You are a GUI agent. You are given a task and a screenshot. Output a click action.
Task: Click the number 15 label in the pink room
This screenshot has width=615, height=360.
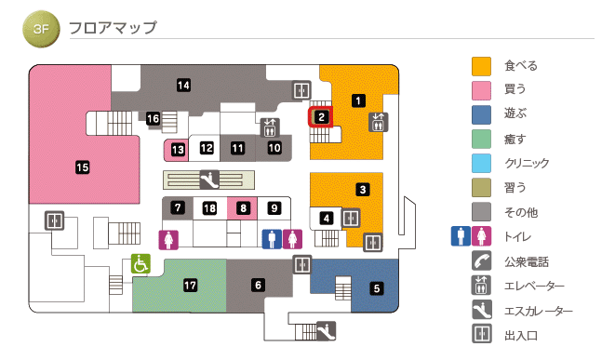click(82, 167)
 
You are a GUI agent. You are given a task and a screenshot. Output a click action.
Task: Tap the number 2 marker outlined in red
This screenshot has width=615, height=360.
click(320, 117)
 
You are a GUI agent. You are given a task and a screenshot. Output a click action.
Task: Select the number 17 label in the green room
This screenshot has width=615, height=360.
click(191, 285)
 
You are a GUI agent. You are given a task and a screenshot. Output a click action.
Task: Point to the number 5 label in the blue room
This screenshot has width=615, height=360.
click(377, 288)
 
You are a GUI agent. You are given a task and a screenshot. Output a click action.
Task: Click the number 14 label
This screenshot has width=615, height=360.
click(184, 86)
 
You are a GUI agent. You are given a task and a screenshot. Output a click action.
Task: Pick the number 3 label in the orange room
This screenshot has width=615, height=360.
click(363, 190)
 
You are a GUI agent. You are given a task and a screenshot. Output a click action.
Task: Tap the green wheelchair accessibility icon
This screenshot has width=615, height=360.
click(140, 264)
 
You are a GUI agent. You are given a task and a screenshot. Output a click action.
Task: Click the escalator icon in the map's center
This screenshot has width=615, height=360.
click(210, 178)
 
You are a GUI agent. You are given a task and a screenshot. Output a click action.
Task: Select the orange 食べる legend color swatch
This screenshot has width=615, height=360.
click(481, 66)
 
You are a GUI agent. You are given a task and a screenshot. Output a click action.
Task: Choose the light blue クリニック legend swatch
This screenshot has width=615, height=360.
click(481, 163)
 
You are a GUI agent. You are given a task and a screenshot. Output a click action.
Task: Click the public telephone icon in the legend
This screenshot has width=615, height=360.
click(481, 260)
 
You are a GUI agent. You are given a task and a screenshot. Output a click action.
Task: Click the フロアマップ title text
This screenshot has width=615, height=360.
click(113, 28)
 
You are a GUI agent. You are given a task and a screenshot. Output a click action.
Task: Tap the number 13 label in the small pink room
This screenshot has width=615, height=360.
click(178, 148)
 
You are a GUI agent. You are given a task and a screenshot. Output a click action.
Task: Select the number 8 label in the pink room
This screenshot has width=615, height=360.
click(243, 207)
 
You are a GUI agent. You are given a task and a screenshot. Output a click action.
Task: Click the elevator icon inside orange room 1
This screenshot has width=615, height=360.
click(378, 122)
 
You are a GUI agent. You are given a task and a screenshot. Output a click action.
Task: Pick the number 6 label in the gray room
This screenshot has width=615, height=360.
click(259, 285)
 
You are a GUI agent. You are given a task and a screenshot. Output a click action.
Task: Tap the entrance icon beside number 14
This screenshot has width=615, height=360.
click(301, 91)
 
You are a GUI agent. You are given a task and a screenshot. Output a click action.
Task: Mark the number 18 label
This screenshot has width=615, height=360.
click(210, 207)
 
